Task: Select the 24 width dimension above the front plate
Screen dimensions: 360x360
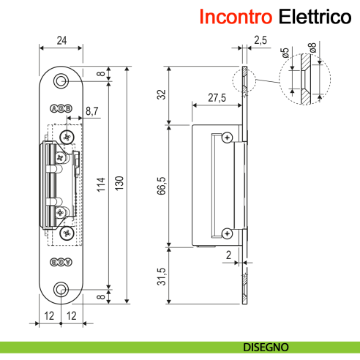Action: coord(61,40)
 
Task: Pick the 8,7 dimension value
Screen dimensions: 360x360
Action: coord(93,111)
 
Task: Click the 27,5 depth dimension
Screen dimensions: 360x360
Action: coord(216,98)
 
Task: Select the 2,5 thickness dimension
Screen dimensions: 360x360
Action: coord(260,41)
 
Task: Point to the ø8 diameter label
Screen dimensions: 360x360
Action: coord(313,52)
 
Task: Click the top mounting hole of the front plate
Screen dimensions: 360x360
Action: coord(61,80)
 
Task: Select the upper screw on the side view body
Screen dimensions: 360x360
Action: coord(228,138)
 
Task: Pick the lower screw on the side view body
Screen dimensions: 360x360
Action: coord(228,233)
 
